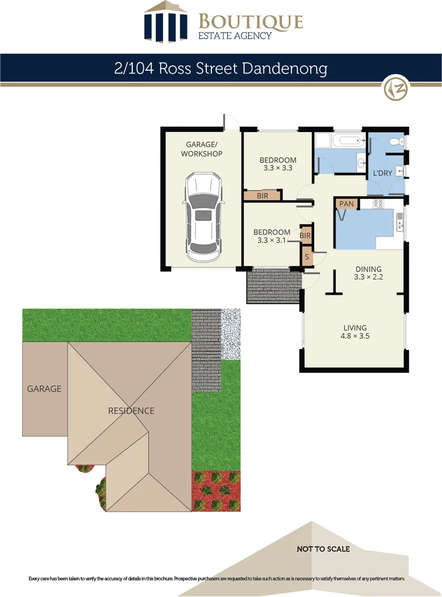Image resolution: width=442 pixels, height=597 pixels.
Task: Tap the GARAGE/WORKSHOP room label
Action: point(201,149)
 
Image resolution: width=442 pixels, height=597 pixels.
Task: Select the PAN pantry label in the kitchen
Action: point(346,204)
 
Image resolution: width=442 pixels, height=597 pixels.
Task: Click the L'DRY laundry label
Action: point(382,173)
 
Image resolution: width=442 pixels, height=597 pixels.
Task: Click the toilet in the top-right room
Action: point(396,142)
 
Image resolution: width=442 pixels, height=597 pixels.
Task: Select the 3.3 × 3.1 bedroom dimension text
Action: point(271,240)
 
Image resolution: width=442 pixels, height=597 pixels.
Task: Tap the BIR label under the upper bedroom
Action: point(263,196)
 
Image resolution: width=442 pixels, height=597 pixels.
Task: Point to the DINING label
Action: point(368,269)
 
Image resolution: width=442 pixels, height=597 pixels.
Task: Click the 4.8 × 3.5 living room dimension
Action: point(356,335)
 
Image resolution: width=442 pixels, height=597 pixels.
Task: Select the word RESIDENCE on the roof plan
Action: point(131,411)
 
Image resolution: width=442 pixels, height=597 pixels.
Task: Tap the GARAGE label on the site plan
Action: point(44,389)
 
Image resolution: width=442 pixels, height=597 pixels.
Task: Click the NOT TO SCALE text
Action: point(323,549)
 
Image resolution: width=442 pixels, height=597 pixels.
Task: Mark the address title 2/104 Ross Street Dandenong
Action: point(221,69)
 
